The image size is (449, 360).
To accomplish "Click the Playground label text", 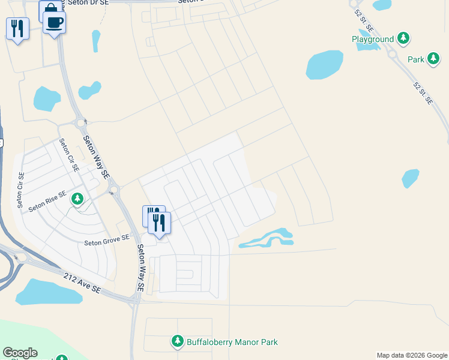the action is (373, 40).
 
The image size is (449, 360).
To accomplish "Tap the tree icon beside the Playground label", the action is (404, 39).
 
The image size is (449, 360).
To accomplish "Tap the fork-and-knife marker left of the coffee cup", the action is (17, 28).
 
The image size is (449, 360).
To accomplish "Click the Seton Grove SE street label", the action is (107, 241).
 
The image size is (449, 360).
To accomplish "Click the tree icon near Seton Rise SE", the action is (77, 199).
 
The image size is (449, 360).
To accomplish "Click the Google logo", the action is (20, 353).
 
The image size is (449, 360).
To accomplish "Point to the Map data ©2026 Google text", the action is (411, 355).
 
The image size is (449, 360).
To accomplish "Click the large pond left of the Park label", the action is (324, 64).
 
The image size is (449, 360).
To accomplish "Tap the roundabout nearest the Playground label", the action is (393, 54).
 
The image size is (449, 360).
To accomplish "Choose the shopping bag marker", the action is (50, 10).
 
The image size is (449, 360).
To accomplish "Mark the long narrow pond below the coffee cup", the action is (95, 41).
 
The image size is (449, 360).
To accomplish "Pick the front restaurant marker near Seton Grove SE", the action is (159, 223).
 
